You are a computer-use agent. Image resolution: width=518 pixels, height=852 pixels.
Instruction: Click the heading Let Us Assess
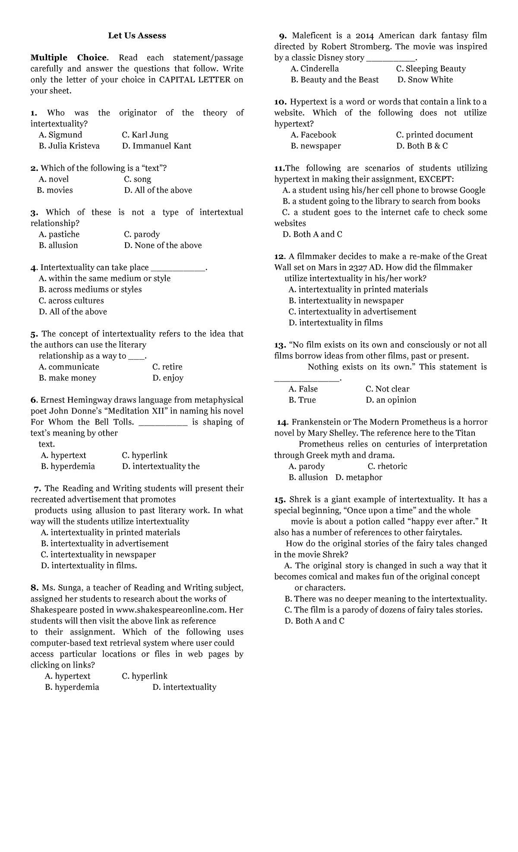coord(137,36)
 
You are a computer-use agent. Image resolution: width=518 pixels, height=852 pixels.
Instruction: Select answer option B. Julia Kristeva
coord(69,146)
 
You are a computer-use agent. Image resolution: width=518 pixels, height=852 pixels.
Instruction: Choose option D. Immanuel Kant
coord(156,146)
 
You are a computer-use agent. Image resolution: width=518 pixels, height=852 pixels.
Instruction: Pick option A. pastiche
coord(59,234)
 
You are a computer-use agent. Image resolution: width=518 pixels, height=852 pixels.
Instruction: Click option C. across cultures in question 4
coord(71,301)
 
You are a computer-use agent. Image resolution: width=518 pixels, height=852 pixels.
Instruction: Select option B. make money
coord(67,378)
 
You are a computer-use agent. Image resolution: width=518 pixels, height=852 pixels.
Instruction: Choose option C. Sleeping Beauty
coord(430,69)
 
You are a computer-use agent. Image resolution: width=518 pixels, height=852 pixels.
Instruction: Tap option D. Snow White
coord(425,80)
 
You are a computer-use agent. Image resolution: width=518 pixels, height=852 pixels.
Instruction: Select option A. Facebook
coord(313,135)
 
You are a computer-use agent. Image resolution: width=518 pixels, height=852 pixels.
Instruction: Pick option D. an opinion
coord(391,400)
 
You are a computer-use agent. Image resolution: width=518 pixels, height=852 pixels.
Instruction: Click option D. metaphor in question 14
coord(359,477)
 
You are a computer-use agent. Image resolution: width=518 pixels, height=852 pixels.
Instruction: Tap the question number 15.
coord(280,500)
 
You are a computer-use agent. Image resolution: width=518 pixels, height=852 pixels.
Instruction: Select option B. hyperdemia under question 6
coord(68,466)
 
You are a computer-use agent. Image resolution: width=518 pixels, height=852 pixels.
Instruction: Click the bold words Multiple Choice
coord(68,58)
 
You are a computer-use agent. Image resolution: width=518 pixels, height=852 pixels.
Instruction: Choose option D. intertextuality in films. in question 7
coord(89,565)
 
